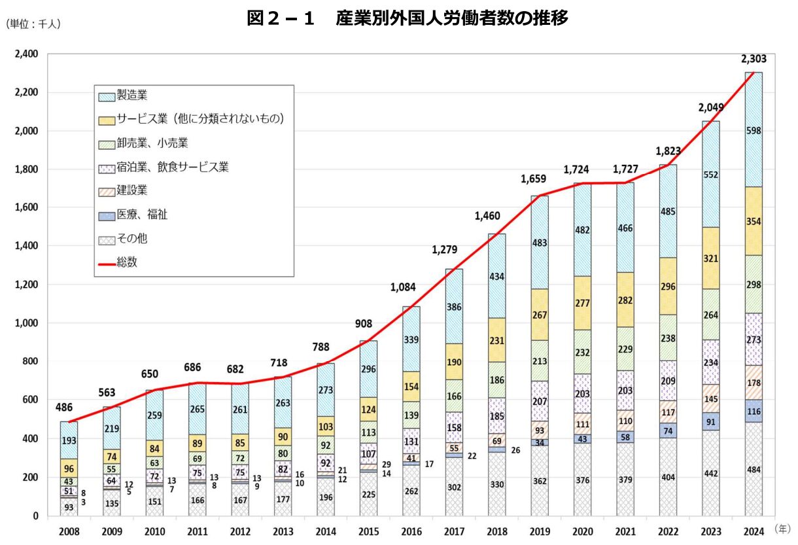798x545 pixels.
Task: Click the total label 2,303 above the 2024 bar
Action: coord(754,59)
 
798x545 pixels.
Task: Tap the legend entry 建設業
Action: coord(132,190)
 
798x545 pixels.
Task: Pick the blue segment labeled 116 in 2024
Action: coord(754,411)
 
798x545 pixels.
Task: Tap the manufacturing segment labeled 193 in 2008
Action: coord(69,440)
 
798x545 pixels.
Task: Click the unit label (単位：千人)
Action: coord(33,24)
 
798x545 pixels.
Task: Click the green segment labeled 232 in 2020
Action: coord(582,352)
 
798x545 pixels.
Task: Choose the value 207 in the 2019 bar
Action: coord(540,401)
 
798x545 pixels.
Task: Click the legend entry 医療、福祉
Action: coord(137,215)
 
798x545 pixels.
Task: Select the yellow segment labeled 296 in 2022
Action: coord(668,286)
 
